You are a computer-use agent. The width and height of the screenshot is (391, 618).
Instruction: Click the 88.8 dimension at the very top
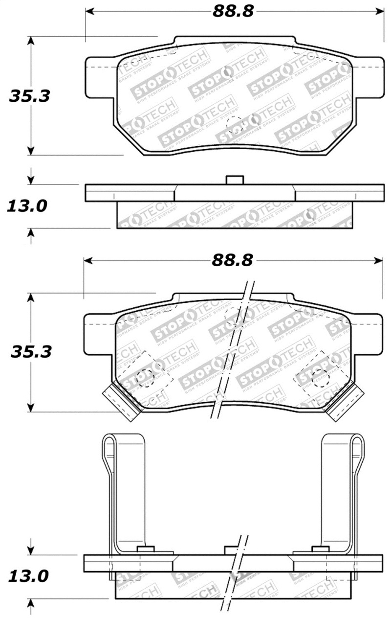point(233,11)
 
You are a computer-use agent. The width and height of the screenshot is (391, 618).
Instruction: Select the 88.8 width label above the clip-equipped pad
point(233,260)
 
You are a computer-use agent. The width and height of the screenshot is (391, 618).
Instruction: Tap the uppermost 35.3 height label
point(30,96)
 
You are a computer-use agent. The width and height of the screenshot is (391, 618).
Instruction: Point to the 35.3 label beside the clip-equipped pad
point(31,351)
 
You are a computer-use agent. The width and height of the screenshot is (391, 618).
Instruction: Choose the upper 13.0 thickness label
point(26,206)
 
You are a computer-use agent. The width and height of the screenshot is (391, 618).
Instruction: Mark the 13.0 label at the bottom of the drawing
point(27,576)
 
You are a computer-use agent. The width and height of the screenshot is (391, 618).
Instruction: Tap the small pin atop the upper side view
point(235,180)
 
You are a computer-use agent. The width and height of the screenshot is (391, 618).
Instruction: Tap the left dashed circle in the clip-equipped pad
point(145,377)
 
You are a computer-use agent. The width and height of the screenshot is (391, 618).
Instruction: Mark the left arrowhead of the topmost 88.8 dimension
point(89,11)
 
